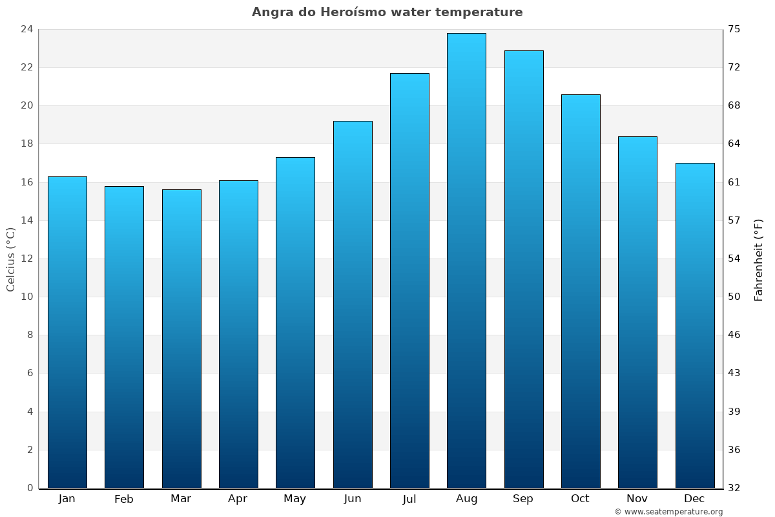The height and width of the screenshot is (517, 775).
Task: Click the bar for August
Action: tap(466, 260)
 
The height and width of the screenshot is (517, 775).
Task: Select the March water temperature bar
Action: tap(181, 339)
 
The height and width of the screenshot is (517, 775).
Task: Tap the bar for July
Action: tap(409, 280)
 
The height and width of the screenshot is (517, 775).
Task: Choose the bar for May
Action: tap(295, 322)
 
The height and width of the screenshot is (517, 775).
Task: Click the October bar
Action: tap(581, 291)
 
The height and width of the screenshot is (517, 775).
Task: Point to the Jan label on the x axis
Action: tap(67, 499)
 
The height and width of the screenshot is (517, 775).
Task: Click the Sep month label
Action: tap(523, 499)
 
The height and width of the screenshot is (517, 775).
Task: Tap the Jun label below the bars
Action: tap(353, 499)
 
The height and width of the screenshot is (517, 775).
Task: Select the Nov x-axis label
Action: tap(637, 499)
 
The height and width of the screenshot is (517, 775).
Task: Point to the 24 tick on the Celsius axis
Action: tap(26, 29)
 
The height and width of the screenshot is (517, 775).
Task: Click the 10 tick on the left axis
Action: tap(26, 297)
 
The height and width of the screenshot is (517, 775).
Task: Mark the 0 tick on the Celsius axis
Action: tap(30, 488)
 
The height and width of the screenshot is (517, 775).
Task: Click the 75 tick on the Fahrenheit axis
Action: tap(735, 29)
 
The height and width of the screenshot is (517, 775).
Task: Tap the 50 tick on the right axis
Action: tap(735, 297)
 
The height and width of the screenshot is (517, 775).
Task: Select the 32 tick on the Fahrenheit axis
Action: tap(735, 488)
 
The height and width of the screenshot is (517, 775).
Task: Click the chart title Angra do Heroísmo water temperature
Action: tap(387, 12)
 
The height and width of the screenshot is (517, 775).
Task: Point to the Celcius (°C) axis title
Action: tap(11, 259)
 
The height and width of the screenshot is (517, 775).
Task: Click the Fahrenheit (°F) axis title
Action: tap(759, 259)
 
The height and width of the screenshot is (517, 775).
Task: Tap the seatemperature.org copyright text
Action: tap(668, 512)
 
